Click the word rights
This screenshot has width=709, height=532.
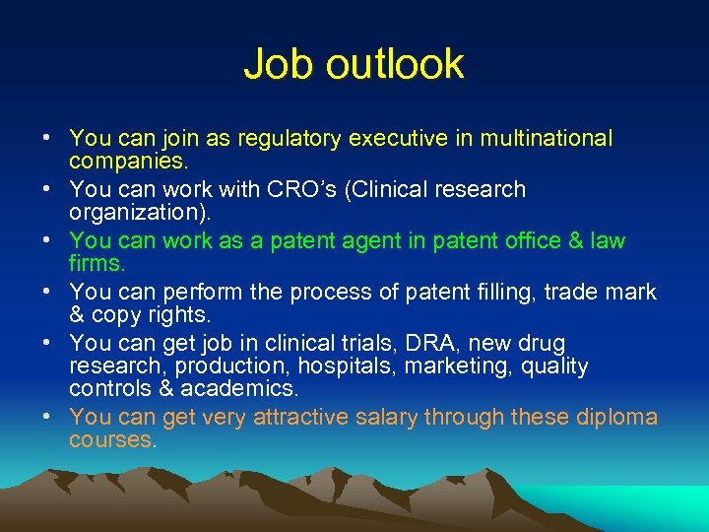click(x=181, y=315)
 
